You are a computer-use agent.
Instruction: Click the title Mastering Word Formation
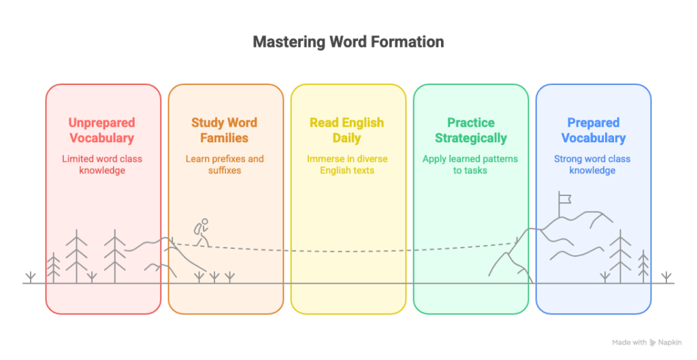pos(348,42)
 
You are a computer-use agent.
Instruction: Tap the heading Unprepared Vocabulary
pos(102,130)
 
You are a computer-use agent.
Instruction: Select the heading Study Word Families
pos(225,130)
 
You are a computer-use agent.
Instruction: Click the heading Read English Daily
pos(347,130)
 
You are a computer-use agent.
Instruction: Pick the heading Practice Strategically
pos(470,130)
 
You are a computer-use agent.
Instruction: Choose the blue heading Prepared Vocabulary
pos(593,130)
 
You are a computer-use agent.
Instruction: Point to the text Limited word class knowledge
pos(102,165)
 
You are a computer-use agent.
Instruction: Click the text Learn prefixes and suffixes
pos(225,165)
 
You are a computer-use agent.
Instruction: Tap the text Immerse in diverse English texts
pos(347,165)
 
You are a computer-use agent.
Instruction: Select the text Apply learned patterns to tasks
pos(470,165)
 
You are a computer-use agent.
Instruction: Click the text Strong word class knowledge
pos(593,165)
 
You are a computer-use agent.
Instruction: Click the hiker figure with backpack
pos(199,233)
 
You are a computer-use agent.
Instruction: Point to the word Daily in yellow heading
pos(347,138)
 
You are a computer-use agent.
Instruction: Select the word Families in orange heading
pos(225,138)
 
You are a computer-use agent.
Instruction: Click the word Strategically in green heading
pos(470,138)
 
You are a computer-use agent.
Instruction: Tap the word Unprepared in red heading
pos(102,123)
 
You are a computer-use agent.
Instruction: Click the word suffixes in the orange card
pos(225,170)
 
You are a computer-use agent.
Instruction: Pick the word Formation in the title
pos(408,42)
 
